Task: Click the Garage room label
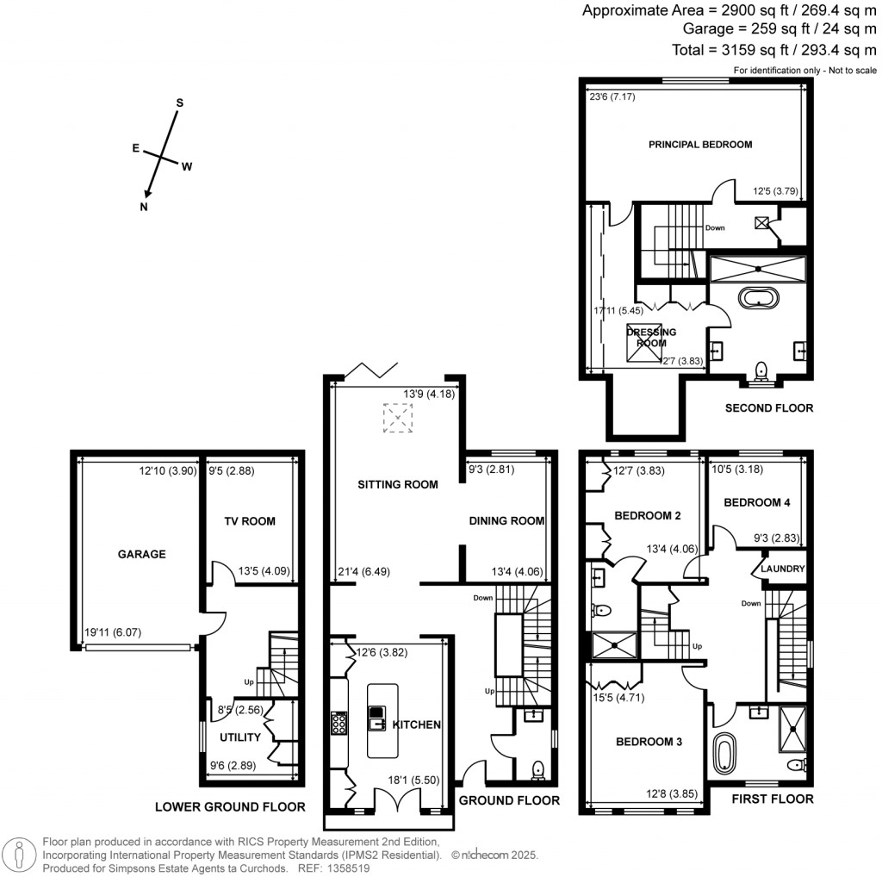point(142,554)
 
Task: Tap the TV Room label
point(250,521)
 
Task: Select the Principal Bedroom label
point(700,145)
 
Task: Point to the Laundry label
point(782,569)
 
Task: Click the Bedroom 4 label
point(756,502)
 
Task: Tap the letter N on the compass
point(144,207)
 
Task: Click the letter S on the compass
point(180,103)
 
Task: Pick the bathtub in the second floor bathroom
point(759,298)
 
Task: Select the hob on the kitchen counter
point(339,724)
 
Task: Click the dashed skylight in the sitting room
point(398,418)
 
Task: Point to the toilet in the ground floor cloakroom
point(538,769)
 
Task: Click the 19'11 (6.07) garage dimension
point(113,632)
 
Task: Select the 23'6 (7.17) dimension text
point(612,96)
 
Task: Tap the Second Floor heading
point(769,408)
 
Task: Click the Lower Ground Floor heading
point(230,807)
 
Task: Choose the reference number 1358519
point(350,868)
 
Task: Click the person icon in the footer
point(19,855)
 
